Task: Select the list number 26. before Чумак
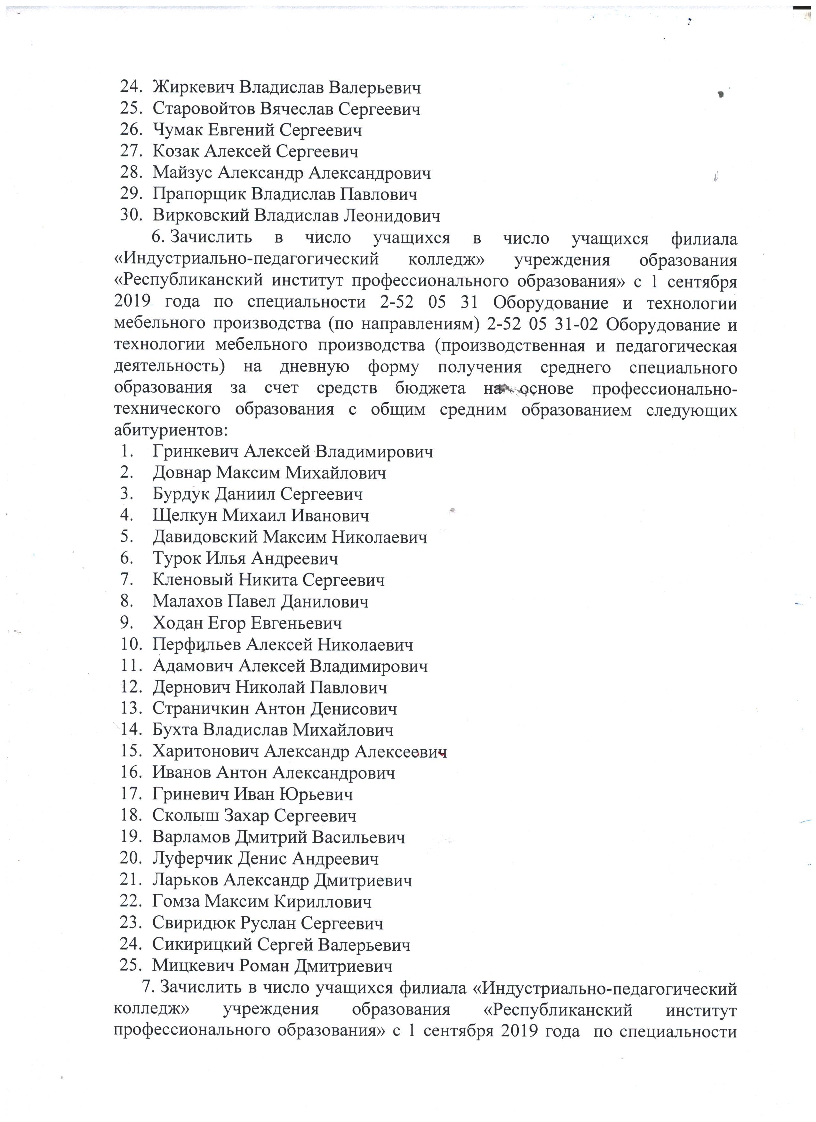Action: coord(132,130)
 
